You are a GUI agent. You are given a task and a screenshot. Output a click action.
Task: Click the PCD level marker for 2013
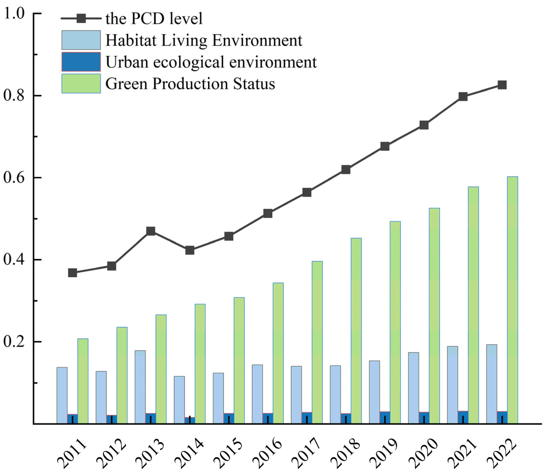(150, 231)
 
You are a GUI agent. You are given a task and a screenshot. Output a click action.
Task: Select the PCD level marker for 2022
(502, 85)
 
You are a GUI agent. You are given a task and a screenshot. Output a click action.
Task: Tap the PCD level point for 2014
(190, 250)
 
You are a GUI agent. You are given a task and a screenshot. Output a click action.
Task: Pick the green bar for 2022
(512, 299)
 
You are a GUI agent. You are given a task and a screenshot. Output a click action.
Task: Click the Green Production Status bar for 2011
(83, 381)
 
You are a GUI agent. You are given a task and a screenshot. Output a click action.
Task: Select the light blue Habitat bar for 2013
(140, 387)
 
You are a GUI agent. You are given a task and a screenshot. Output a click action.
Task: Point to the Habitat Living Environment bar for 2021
(453, 385)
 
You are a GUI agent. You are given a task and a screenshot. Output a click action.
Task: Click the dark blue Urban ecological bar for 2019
(385, 418)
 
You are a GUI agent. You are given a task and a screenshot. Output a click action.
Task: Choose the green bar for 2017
(317, 342)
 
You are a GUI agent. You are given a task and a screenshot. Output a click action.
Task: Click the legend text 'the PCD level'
(154, 18)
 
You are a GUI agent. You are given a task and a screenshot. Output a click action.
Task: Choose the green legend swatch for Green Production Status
(81, 83)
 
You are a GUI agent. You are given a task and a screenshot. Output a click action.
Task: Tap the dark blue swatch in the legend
(81, 62)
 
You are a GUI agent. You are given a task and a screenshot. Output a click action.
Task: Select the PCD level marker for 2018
(346, 170)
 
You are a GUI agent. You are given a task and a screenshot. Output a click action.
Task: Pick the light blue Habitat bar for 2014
(179, 400)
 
